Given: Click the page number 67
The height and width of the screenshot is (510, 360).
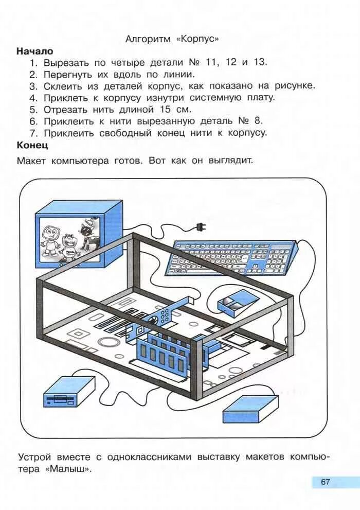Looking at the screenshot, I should point(325,482).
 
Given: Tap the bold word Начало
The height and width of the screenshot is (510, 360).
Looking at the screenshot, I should point(35,51).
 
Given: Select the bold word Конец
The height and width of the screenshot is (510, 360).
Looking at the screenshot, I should point(33,145).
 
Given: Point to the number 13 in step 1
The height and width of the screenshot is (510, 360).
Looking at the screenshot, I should point(261,62).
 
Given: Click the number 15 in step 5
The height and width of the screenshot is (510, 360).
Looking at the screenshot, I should point(165,110).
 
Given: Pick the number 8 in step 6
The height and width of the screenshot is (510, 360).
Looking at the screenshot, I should point(258,121).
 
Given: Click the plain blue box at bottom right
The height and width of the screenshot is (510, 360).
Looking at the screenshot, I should point(249,410).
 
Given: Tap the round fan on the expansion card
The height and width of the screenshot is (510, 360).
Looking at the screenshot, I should point(153,321).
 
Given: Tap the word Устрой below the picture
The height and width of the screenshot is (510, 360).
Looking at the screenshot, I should point(36,457).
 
